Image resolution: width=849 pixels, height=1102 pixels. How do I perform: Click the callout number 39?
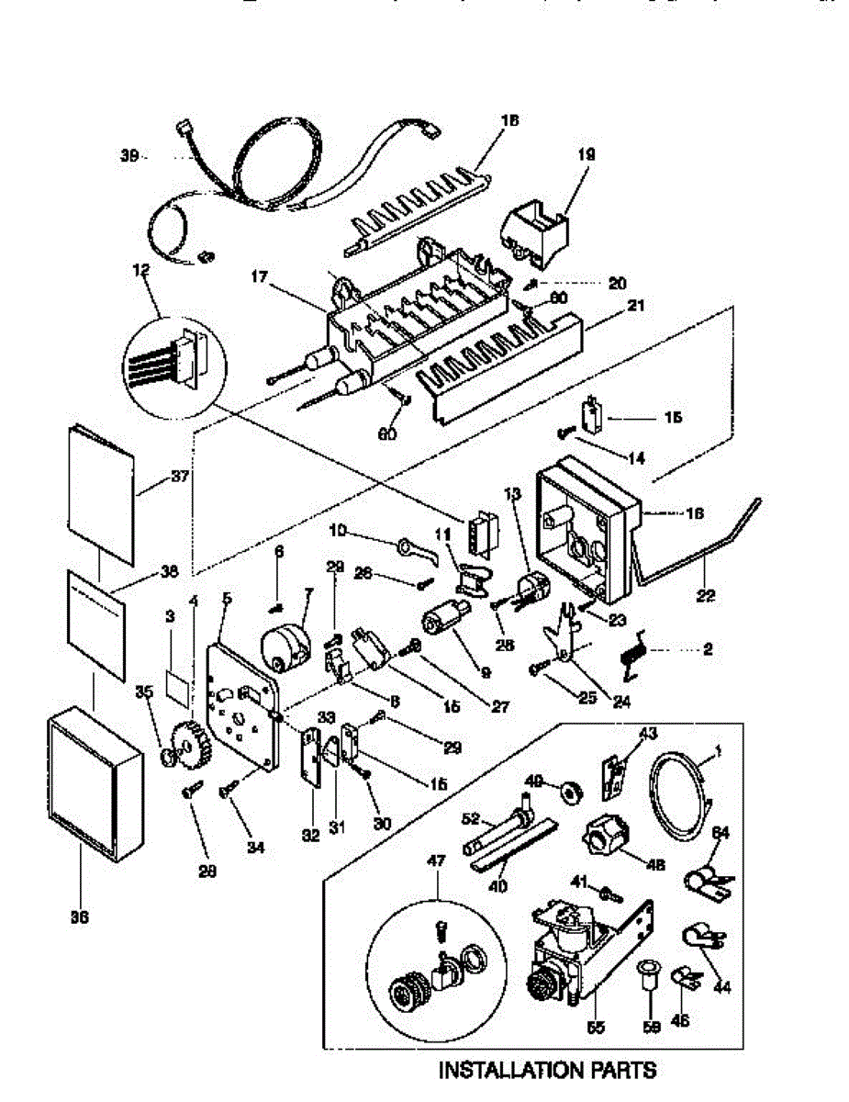tap(128, 156)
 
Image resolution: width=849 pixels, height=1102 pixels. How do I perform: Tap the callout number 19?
tap(586, 155)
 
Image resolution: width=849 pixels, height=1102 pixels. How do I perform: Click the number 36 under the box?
tap(79, 916)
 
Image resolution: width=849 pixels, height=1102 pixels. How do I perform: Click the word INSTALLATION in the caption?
tap(508, 1070)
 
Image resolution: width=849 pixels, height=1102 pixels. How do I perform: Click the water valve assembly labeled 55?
tap(574, 955)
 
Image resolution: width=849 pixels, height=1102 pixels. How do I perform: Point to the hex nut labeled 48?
tap(604, 837)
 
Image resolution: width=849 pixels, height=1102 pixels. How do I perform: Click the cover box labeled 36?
tap(94, 790)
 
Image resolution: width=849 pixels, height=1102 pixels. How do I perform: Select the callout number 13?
tap(511, 494)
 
